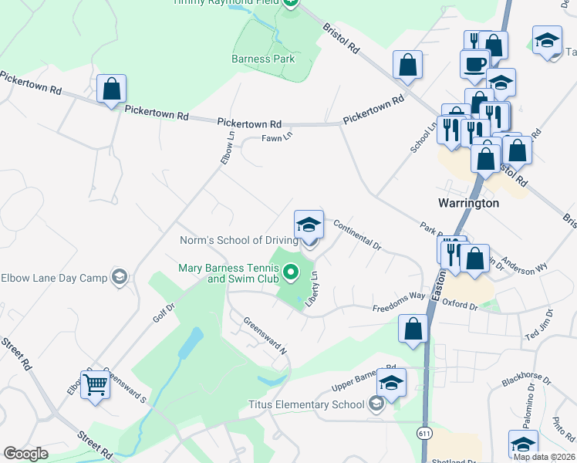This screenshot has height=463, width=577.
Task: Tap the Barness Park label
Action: [x=263, y=59]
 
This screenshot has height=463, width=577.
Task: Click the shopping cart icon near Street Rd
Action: [x=95, y=384]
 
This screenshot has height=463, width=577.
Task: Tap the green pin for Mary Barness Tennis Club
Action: [x=291, y=272]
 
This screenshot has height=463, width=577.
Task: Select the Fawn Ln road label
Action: [x=277, y=137]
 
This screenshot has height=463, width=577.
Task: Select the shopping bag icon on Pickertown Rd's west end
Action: [x=112, y=89]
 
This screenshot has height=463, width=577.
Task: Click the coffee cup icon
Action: [x=474, y=63]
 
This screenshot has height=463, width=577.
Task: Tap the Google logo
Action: [x=25, y=454]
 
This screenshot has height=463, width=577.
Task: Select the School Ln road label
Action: [x=423, y=136]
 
